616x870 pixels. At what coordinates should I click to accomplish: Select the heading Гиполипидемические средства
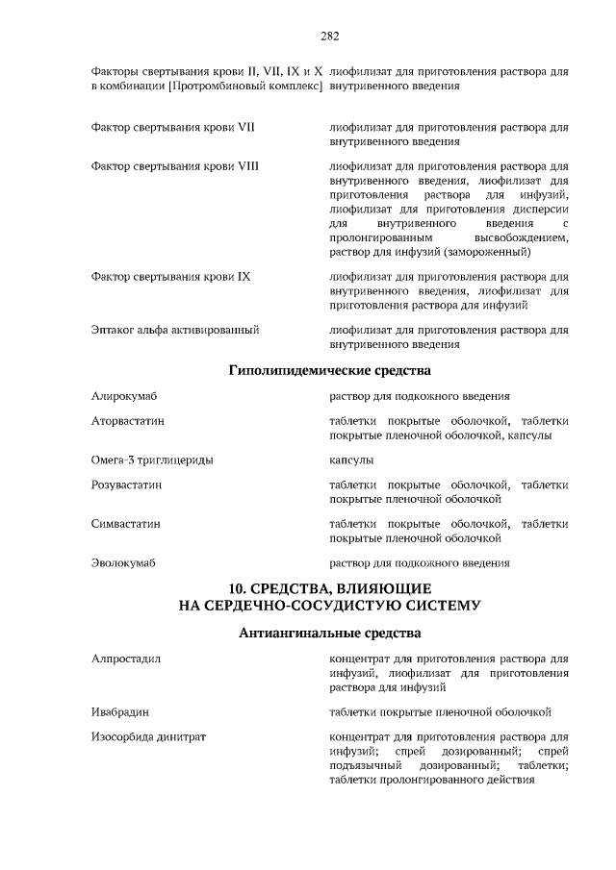[329, 370]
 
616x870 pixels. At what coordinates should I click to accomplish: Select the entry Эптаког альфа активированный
[174, 330]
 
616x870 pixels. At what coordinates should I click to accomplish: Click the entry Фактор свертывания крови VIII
[174, 166]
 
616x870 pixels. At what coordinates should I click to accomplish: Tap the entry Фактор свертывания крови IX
[170, 277]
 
